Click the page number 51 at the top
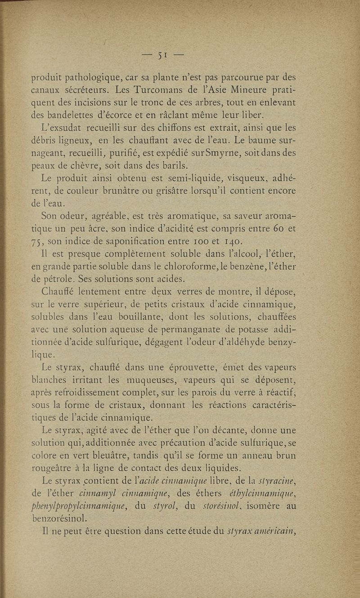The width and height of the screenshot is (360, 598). [162, 56]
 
